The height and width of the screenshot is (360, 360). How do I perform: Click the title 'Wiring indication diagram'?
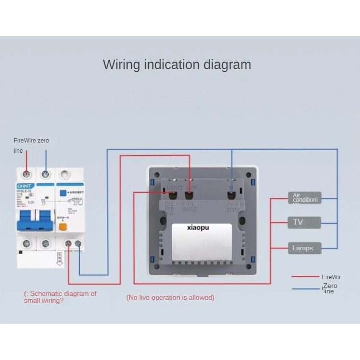click(177, 65)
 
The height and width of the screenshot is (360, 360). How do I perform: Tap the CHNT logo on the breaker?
click(24, 187)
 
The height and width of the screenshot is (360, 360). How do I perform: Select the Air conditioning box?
click(304, 198)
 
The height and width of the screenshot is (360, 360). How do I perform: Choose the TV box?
click(304, 222)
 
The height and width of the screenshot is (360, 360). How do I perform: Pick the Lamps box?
click(304, 248)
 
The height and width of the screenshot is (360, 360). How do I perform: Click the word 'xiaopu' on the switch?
click(198, 228)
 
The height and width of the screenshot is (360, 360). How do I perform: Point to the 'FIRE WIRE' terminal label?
click(190, 206)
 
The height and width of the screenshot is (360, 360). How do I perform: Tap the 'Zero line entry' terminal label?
click(232, 206)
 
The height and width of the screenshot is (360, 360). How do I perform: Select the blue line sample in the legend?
click(306, 288)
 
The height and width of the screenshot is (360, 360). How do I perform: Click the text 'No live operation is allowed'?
click(170, 297)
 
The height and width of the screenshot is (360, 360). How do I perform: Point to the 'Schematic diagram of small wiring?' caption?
click(60, 297)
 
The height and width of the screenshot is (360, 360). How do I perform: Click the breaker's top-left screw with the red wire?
click(27, 174)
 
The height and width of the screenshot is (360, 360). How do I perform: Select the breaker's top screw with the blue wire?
click(46, 174)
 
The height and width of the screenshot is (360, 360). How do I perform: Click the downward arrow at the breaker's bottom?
click(60, 259)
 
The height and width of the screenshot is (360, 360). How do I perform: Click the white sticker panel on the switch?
click(202, 241)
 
